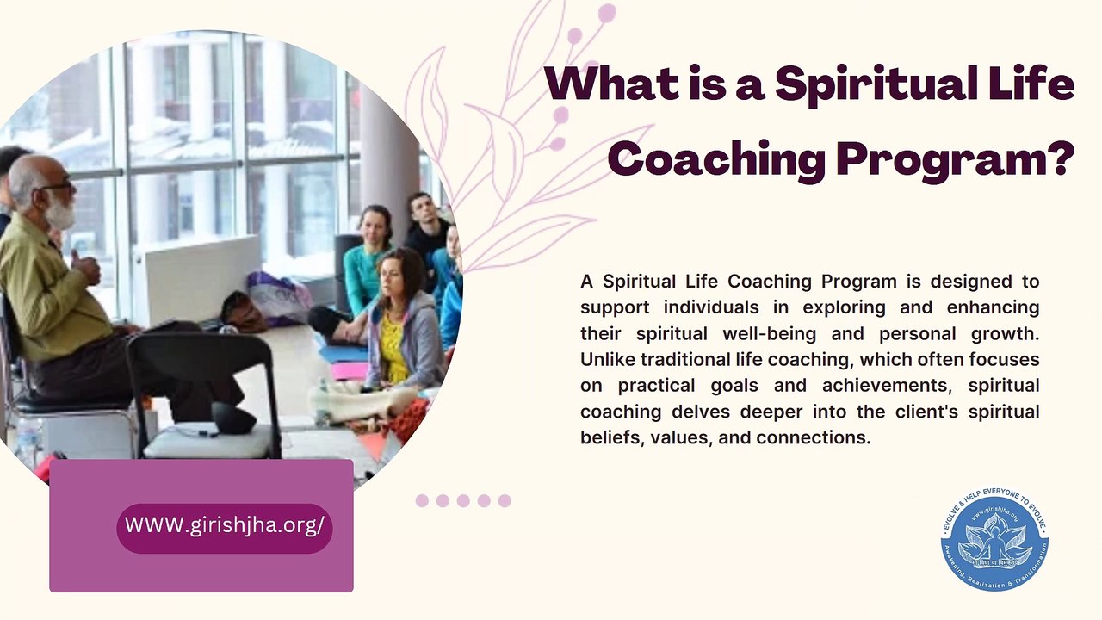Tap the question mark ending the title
click(x=1058, y=158)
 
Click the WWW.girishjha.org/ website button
click(x=224, y=526)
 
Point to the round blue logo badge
click(x=994, y=542)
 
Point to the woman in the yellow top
click(x=400, y=323)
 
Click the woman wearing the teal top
click(x=366, y=258)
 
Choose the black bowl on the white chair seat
click(x=234, y=418)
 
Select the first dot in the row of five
click(x=422, y=501)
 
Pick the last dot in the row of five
click(x=505, y=501)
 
